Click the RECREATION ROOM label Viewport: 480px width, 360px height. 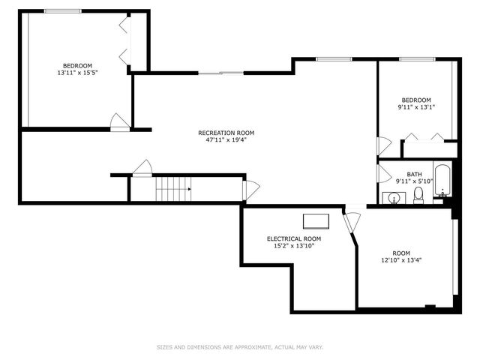point(220,132)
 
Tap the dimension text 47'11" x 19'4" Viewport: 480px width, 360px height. point(220,139)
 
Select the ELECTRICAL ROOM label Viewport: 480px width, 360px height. point(294,238)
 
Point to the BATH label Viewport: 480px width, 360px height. point(414,174)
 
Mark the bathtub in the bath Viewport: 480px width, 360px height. point(442,180)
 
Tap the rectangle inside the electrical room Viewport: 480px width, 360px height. point(316,220)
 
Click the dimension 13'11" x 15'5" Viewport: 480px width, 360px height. point(77,73)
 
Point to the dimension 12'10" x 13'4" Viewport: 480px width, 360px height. point(401,260)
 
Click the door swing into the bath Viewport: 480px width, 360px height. point(381,175)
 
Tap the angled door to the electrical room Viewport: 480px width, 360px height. point(352,222)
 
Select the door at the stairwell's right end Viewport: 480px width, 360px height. point(250,189)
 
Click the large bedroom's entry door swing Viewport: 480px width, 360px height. point(118,122)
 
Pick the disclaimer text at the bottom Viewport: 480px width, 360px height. point(239,347)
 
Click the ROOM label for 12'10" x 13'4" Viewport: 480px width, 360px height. point(401,253)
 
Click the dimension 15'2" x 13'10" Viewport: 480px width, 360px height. point(294,246)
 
